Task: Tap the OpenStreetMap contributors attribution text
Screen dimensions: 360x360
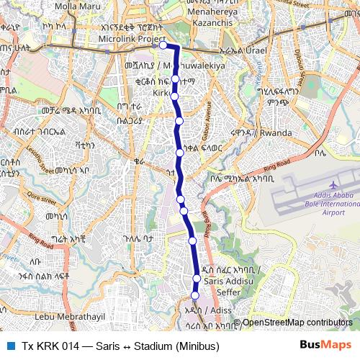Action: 297,323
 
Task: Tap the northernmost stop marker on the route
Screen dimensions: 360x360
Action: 163,45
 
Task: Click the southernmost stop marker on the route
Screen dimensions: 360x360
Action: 194,294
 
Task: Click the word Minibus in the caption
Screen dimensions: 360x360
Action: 197,346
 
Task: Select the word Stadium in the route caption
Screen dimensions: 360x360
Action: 153,346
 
